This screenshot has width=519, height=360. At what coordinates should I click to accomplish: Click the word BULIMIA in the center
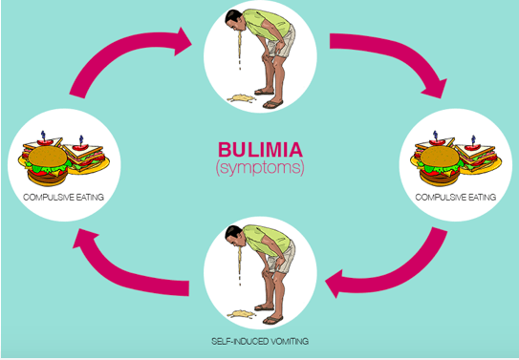[x=260, y=149]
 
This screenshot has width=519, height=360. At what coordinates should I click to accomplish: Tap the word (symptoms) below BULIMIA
[x=260, y=168]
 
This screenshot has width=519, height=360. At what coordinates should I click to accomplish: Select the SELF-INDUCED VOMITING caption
[x=260, y=341]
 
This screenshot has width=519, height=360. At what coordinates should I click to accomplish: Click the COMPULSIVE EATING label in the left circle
[x=63, y=198]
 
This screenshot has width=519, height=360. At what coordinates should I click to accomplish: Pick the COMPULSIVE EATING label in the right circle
[x=456, y=198]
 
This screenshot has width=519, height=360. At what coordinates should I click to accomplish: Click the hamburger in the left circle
[x=48, y=165]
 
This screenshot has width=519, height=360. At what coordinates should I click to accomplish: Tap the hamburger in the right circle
[x=440, y=165]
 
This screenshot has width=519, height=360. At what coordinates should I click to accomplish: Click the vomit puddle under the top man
[x=241, y=97]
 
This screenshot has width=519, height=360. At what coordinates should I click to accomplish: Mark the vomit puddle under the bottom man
[x=241, y=313]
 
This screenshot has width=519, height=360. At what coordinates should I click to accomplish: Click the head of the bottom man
[x=234, y=235]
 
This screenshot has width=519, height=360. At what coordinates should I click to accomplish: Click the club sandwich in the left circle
[x=87, y=155]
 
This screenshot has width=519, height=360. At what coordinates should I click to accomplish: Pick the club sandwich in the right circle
[x=479, y=155]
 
